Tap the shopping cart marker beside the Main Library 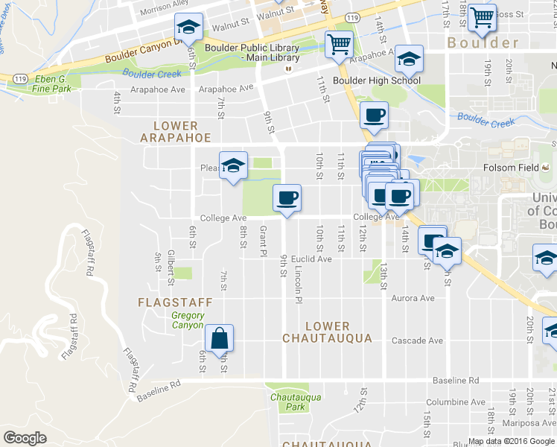point(339,45)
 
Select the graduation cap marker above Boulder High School point(408,58)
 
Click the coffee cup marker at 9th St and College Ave point(287,197)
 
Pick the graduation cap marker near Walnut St point(189,28)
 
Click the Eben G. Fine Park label point(51,83)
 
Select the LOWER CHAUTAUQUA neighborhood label point(327,332)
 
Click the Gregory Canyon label point(187,320)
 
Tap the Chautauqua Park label point(296,402)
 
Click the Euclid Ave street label point(311,259)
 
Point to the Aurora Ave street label point(412,298)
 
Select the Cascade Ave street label point(417,340)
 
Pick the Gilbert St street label point(171,267)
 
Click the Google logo point(25,438)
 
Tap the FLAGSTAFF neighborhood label point(175,302)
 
